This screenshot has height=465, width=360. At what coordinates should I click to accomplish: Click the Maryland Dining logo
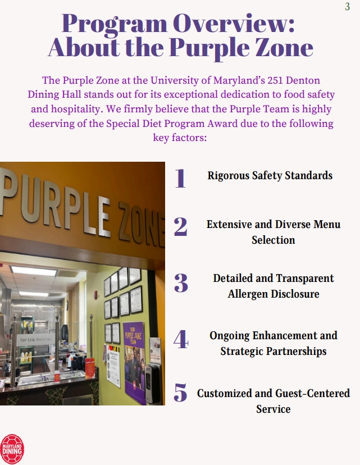12,449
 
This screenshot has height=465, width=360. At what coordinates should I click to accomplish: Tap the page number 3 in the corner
347,7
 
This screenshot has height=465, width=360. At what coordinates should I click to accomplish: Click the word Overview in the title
234,23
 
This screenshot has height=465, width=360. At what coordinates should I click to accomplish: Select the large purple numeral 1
180,178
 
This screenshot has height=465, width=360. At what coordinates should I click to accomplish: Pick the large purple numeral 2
181,226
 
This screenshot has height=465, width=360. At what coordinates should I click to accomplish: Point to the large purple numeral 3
181,283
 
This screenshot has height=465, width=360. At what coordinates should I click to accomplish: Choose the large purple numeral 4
181,339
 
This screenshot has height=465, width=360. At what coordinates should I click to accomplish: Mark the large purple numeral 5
180,393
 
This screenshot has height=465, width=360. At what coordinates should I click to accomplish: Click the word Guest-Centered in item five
313,393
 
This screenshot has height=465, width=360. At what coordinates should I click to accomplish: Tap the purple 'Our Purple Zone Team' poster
134,362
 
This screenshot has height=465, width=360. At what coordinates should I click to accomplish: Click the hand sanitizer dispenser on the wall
152,383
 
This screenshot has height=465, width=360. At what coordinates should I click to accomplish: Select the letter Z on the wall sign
127,222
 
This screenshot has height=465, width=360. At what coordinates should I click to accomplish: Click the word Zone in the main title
285,47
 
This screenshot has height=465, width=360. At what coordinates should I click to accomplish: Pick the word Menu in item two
327,224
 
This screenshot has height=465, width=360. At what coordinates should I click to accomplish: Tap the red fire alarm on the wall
95,294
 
